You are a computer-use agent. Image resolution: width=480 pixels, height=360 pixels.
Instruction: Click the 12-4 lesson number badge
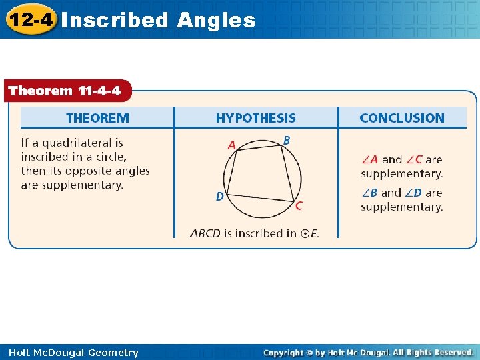tap(29, 19)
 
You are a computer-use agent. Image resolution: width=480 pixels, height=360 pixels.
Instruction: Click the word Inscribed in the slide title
tap(115, 20)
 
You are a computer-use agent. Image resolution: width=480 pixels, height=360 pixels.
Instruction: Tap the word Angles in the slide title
tap(216, 20)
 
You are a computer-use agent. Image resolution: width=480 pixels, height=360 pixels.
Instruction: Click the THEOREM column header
tap(97, 118)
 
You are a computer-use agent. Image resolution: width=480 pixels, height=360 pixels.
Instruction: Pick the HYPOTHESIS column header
tap(255, 118)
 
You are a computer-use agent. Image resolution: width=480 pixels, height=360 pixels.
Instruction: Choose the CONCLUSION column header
tap(401, 118)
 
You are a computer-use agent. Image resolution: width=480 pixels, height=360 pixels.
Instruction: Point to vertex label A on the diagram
tap(231, 145)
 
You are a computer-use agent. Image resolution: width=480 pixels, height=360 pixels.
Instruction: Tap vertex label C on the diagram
tap(298, 206)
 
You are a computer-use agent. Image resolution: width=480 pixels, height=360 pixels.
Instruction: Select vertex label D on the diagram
tap(219, 197)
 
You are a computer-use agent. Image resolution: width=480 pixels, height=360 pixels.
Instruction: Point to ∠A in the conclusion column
tap(369, 160)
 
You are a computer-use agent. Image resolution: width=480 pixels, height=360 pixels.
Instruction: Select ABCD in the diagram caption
tap(205, 233)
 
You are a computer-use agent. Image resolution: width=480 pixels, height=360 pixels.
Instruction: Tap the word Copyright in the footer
tap(285, 352)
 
